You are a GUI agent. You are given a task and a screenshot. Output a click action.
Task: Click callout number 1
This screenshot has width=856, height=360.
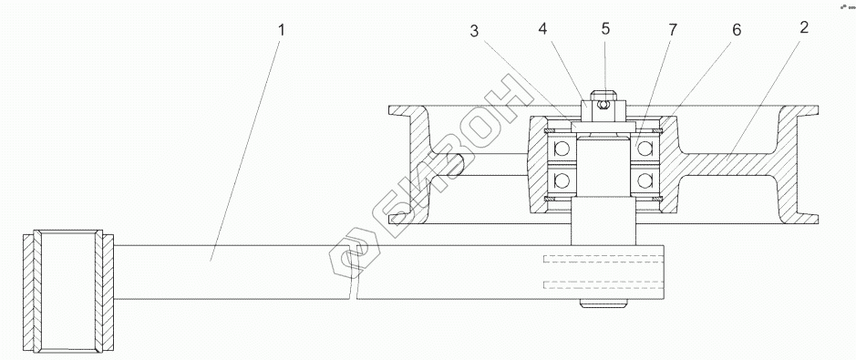pyautogui.click(x=282, y=30)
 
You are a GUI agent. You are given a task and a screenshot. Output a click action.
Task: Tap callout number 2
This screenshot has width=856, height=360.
pyautogui.click(x=804, y=28)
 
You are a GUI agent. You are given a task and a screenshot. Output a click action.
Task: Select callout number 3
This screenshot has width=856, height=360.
pyautogui.click(x=474, y=32)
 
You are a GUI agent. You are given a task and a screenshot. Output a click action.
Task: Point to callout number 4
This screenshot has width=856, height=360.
pyautogui.click(x=542, y=29)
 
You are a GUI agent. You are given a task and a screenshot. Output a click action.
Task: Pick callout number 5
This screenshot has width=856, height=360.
pyautogui.click(x=605, y=28)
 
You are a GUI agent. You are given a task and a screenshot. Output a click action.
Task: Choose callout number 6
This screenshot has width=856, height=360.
pyautogui.click(x=737, y=30)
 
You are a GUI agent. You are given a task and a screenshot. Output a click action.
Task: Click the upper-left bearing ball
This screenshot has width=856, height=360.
pyautogui.click(x=562, y=148)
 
